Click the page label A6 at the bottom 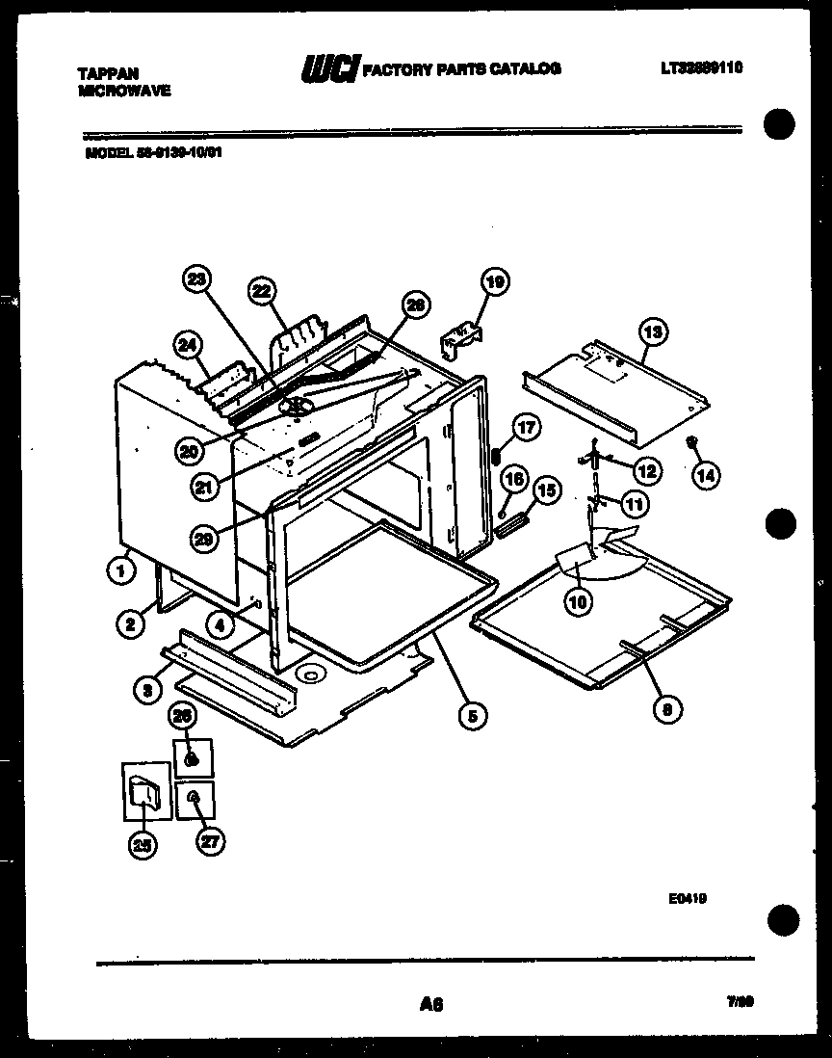pos(430,1004)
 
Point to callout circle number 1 pos(120,571)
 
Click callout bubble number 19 pos(494,282)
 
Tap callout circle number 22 pos(261,291)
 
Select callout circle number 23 pos(196,279)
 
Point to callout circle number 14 pos(706,475)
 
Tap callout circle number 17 pos(526,428)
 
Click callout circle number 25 pos(143,845)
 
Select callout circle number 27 pos(209,841)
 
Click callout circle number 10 pos(579,602)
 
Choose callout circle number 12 pos(646,470)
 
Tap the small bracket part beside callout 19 pos(460,337)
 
